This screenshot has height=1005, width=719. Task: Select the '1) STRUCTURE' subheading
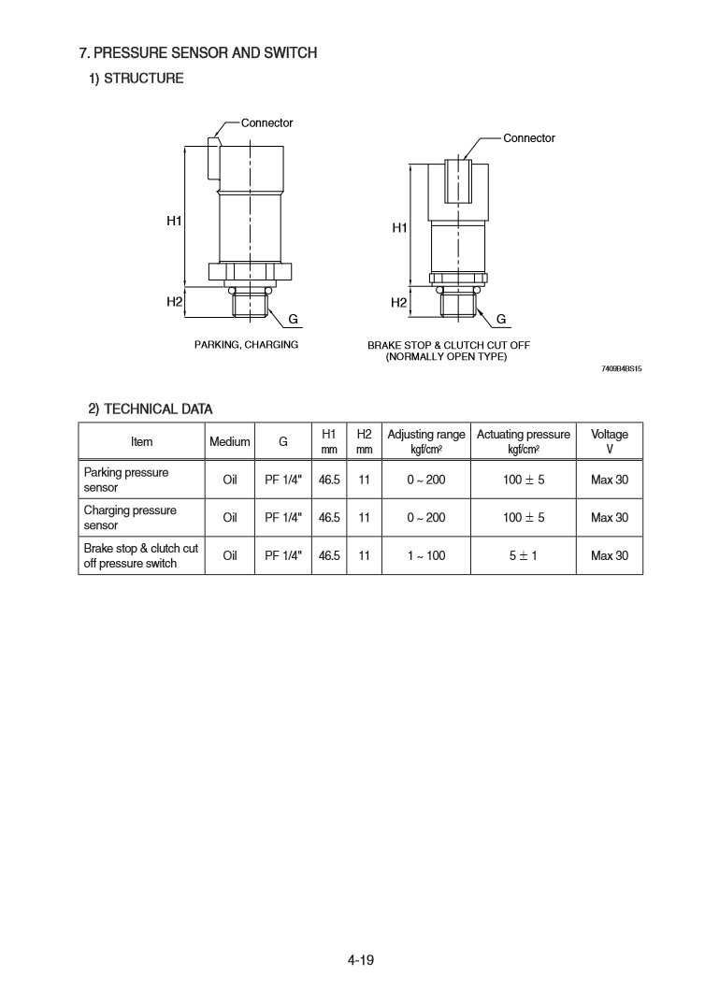tap(136, 79)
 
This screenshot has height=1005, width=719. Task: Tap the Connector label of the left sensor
tap(266, 122)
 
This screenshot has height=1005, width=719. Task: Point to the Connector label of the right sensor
tap(529, 137)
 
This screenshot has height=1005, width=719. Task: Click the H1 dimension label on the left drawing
tap(174, 221)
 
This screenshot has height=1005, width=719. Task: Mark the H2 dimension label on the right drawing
tap(399, 302)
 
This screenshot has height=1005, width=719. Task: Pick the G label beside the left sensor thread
tap(293, 319)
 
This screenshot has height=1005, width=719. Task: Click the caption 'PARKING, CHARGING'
tap(246, 345)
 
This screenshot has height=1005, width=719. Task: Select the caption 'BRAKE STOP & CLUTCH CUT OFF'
tap(449, 345)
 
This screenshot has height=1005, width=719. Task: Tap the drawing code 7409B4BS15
tap(622, 369)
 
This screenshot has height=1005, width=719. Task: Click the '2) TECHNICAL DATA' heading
tap(151, 409)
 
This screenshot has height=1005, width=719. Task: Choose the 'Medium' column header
tap(230, 441)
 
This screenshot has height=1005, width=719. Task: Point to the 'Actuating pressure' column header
tap(523, 435)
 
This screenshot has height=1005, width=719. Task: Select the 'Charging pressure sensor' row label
tap(130, 518)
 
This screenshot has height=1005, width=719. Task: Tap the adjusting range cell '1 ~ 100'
tap(426, 556)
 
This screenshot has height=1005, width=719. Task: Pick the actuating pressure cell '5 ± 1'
tap(523, 556)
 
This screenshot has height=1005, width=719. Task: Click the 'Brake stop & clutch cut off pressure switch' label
tap(140, 555)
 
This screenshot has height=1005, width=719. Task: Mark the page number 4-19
tap(360, 958)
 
